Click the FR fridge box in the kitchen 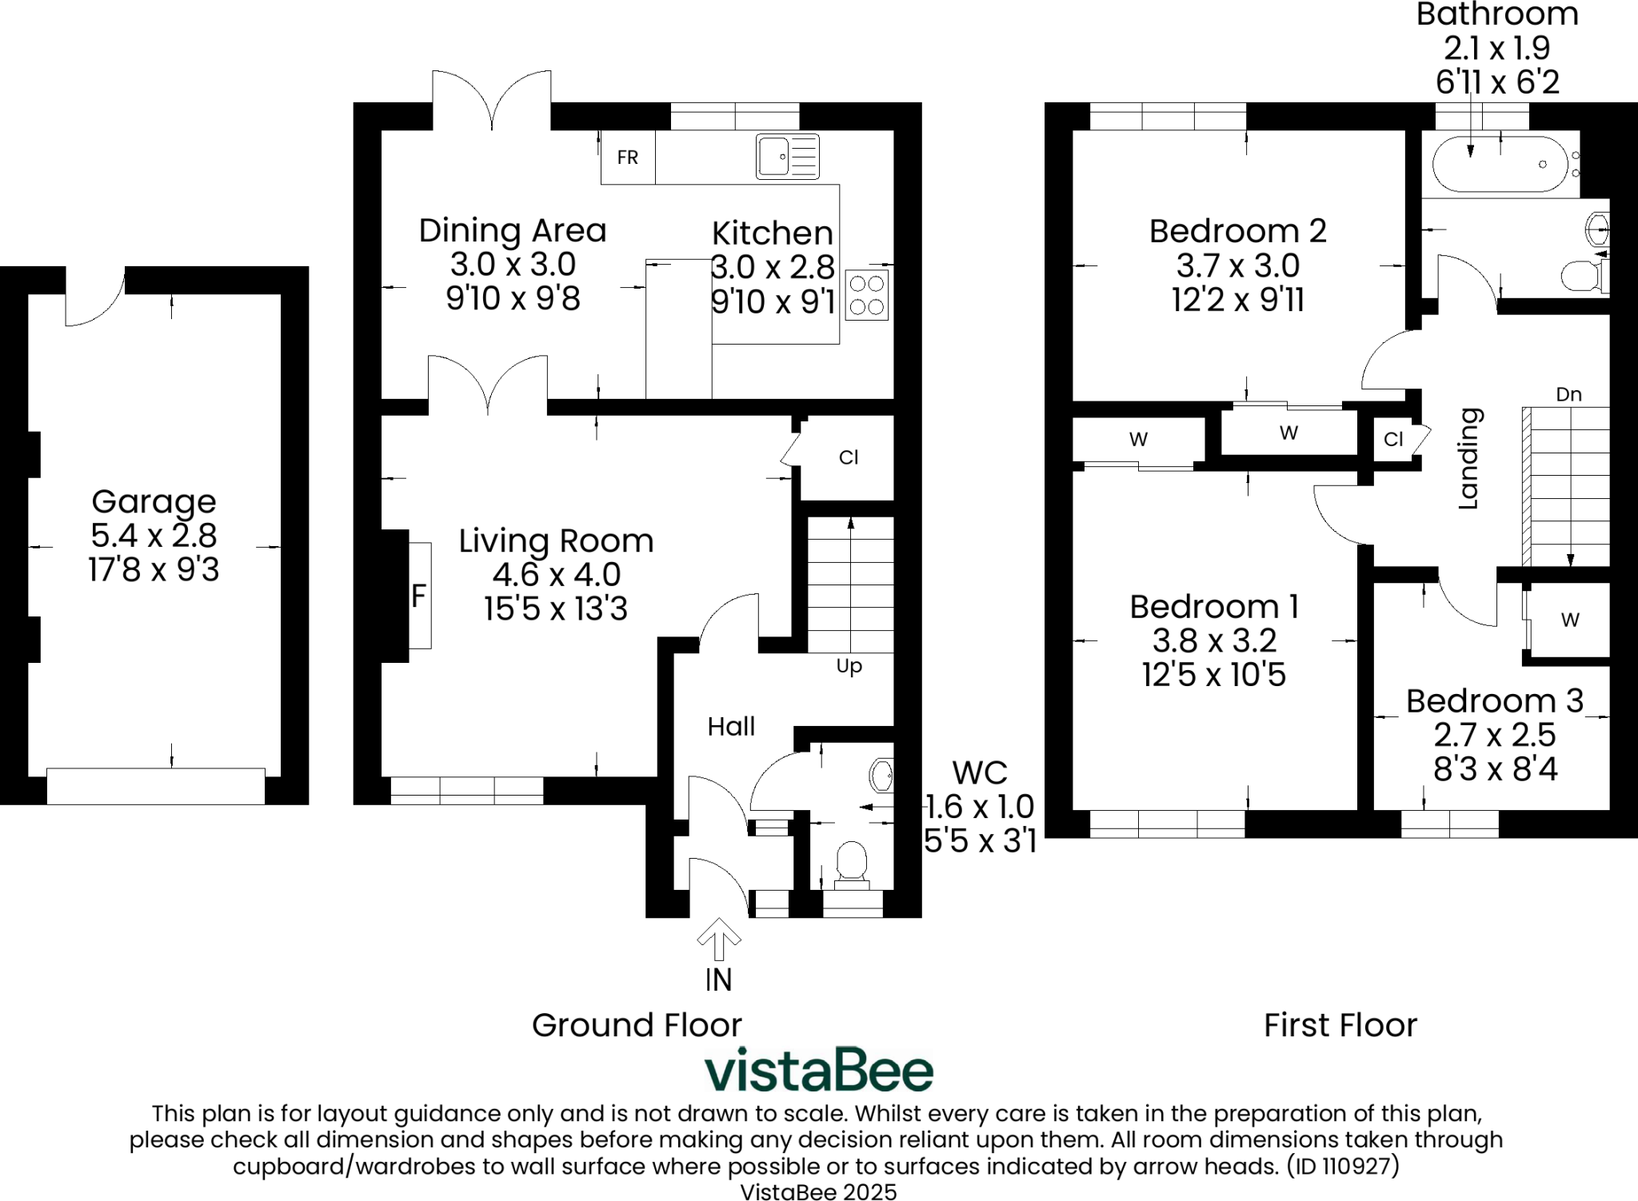(x=628, y=158)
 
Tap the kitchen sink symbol (x=788, y=156)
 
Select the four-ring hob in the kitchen (x=867, y=296)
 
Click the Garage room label (x=154, y=501)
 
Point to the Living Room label (x=556, y=541)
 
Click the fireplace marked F (x=419, y=596)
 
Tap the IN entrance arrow (x=718, y=939)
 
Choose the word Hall (x=731, y=726)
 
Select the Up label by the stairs (x=849, y=666)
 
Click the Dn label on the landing (x=1568, y=394)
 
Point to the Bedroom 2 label (x=1238, y=231)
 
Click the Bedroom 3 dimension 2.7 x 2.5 (x=1494, y=735)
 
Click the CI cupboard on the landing (x=1393, y=439)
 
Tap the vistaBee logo (x=818, y=1070)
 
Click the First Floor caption (x=1340, y=1025)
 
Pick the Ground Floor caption (x=637, y=1025)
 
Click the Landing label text (x=1469, y=459)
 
